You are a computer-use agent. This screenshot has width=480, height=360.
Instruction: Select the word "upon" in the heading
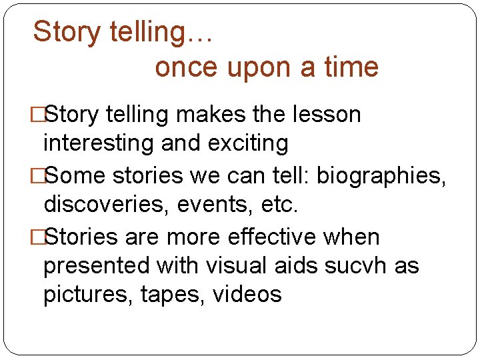pyautogui.click(x=257, y=67)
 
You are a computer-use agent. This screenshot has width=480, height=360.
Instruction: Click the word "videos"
pyautogui.click(x=247, y=295)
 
